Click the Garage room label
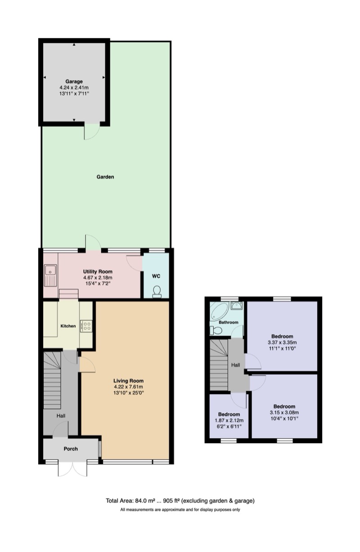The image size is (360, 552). (x=74, y=81)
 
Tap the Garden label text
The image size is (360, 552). (x=105, y=177)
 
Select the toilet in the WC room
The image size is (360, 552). (x=157, y=292)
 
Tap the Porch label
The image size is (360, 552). (x=71, y=449)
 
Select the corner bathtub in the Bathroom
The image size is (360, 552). (x=219, y=311)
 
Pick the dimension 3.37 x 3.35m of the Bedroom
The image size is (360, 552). (x=282, y=342)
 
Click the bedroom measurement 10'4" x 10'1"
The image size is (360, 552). (x=284, y=418)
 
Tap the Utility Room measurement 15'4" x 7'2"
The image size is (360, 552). (x=97, y=284)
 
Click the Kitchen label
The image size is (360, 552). (x=68, y=326)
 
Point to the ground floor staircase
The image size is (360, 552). (x=52, y=380)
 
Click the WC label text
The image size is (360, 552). (x=156, y=276)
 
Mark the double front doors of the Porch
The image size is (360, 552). (x=72, y=469)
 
